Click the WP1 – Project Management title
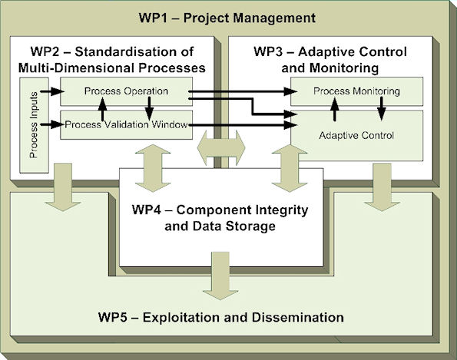227,18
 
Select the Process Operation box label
126,91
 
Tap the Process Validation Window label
126,124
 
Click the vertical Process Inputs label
34,125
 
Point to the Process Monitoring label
356,91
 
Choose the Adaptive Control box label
356,135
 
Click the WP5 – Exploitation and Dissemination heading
221,317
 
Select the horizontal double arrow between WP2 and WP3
221,148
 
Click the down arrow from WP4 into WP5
220,276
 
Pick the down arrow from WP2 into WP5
63,187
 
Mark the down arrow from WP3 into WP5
382,187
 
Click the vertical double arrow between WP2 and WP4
153,168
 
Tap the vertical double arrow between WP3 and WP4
290,168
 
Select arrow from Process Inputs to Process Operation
52,91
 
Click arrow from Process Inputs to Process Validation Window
52,124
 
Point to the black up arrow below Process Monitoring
335,109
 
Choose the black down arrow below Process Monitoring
382,108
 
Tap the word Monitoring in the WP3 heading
344,68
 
